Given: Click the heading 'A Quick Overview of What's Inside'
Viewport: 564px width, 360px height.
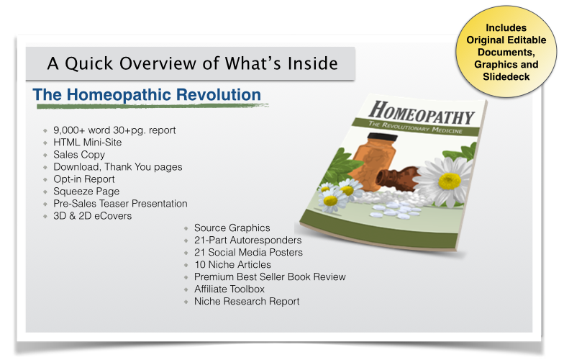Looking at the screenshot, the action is coord(193,63).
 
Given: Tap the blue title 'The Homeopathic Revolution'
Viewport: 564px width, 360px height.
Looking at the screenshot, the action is coord(147,95).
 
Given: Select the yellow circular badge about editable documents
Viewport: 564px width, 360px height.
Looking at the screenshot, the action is coord(506,52).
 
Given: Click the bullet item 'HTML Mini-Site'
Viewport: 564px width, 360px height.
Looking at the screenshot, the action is coord(88,143).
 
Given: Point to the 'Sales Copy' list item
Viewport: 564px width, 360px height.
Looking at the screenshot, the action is coord(79,155).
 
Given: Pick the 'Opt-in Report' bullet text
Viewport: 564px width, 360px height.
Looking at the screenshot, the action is coord(83,179).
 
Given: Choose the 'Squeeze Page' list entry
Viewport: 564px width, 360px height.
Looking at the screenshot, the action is coord(86,192).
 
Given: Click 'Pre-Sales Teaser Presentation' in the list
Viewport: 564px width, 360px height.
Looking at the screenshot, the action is coord(120,203).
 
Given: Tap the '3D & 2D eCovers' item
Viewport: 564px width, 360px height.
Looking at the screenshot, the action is coord(92,216).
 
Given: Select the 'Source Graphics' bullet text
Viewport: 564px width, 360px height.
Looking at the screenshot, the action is coord(232,228).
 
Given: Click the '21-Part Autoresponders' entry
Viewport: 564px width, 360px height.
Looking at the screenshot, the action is coord(247,240).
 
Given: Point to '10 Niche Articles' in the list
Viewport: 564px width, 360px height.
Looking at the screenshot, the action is coord(232,265).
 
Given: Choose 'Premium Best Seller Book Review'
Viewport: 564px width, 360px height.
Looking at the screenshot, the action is coord(270,276).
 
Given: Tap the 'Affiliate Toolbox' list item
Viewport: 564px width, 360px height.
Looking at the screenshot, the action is coord(229,289).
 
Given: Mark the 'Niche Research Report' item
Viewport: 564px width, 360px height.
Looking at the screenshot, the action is coord(247,301).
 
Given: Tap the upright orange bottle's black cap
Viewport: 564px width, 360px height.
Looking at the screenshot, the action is coord(383,137).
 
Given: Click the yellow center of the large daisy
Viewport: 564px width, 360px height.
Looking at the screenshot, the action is coord(449,181).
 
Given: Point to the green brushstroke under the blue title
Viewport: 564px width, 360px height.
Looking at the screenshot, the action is coord(153,106).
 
